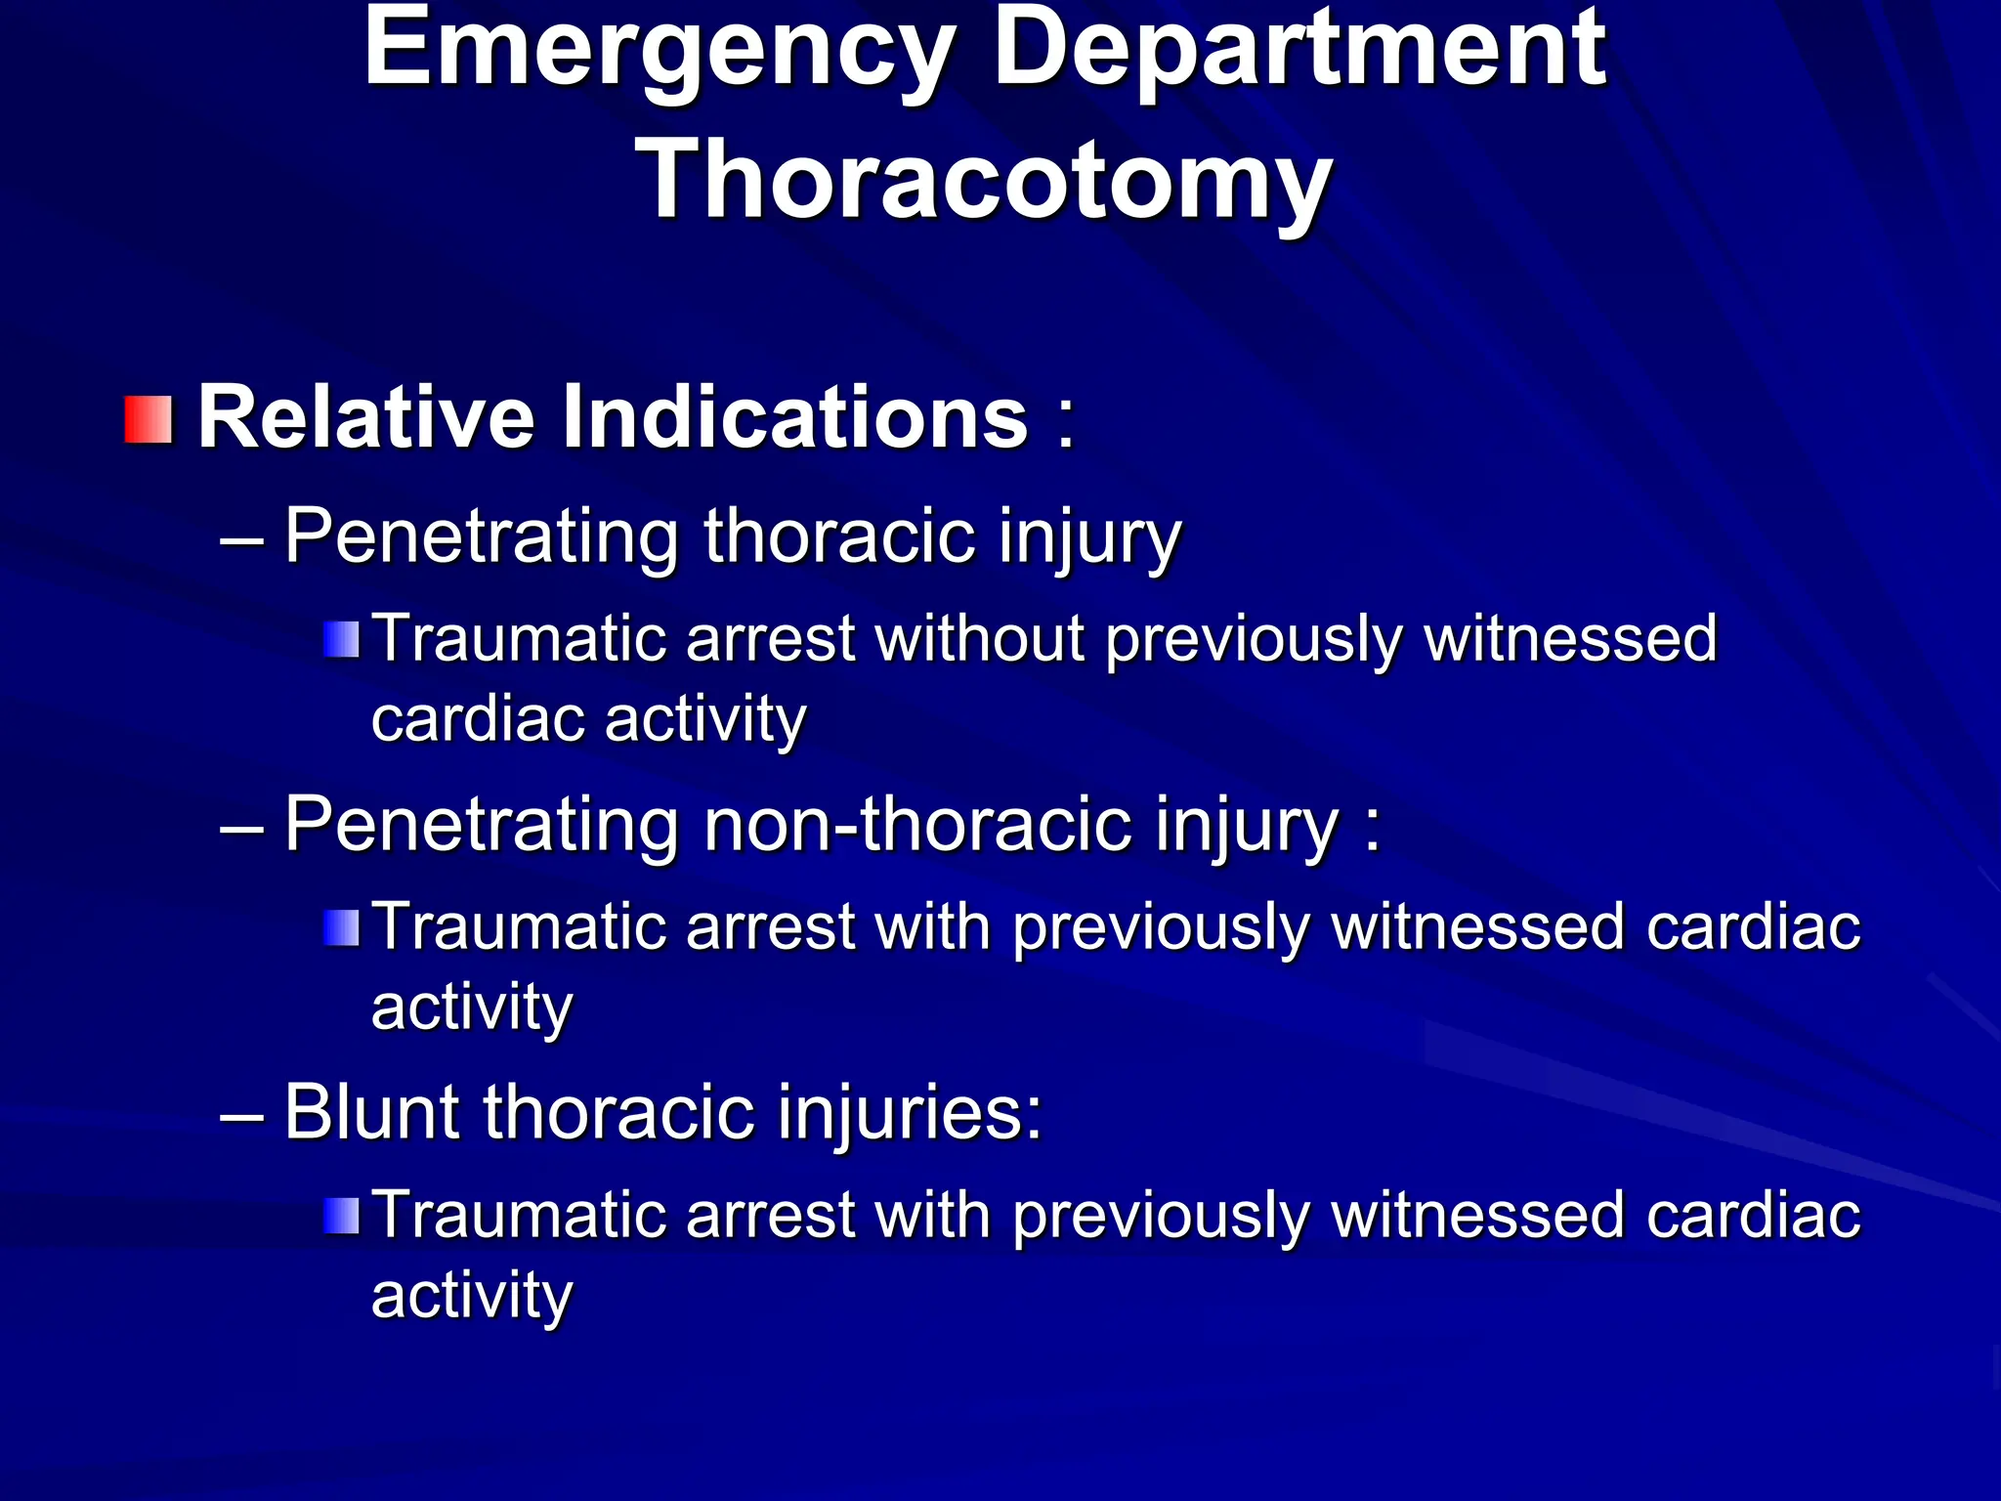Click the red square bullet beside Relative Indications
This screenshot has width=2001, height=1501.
(149, 420)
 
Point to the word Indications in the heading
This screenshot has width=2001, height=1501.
(794, 418)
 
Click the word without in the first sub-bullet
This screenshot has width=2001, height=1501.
(980, 639)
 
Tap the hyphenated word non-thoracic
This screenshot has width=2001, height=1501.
(917, 826)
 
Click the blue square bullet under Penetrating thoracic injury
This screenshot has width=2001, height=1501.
(342, 640)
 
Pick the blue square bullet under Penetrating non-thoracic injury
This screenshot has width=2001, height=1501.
(342, 927)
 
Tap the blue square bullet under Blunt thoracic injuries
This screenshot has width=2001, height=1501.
(342, 1216)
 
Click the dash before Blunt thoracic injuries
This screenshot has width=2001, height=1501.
(242, 1114)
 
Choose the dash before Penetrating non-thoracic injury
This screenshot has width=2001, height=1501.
(242, 827)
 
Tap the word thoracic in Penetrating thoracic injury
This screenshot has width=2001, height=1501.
(839, 537)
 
